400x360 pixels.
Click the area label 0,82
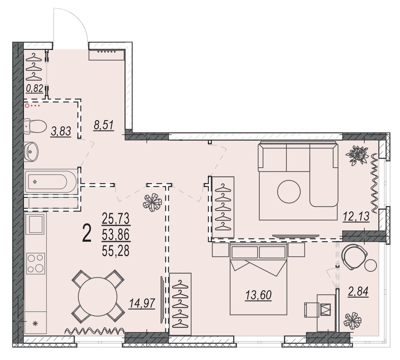pyautogui.click(x=35, y=89)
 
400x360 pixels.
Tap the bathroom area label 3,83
pyautogui.click(x=61, y=132)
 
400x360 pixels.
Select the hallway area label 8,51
pyautogui.click(x=104, y=126)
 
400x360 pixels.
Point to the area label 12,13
pyautogui.click(x=356, y=217)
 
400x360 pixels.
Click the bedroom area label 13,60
pyautogui.click(x=259, y=295)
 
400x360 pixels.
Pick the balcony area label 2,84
pyautogui.click(x=358, y=292)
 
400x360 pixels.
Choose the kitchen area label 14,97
pyautogui.click(x=142, y=304)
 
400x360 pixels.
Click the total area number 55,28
pyautogui.click(x=116, y=251)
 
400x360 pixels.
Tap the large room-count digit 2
pyautogui.click(x=87, y=235)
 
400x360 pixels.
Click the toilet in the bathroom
pyautogui.click(x=36, y=126)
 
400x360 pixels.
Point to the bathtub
pyautogui.click(x=51, y=181)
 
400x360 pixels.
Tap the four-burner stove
pyautogui.click(x=36, y=263)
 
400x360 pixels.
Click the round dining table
pyautogui.click(x=97, y=296)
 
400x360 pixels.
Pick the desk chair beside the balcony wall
pyautogui.click(x=312, y=309)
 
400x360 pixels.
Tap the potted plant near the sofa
pyautogui.click(x=357, y=155)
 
